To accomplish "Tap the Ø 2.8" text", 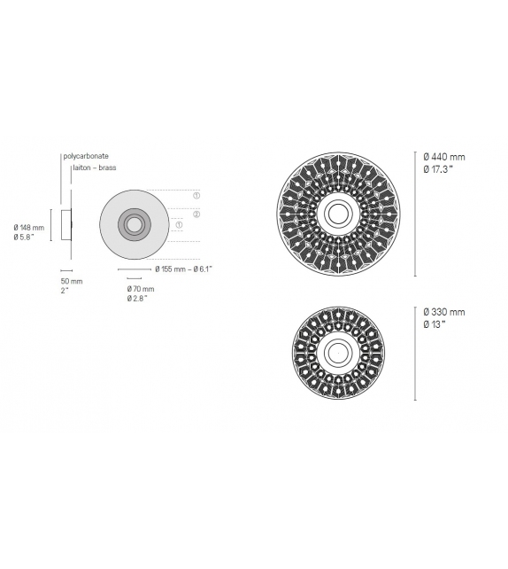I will tap(137, 299).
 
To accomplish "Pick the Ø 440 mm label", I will tap(444, 157).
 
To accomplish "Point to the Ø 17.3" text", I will tap(441, 168).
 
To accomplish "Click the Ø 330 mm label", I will tap(444, 312).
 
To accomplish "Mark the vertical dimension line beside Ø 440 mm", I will tap(417, 213).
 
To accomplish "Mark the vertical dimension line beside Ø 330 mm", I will tap(417, 353).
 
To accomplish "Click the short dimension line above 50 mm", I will tap(66, 269).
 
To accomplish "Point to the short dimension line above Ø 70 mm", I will tap(129, 277).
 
